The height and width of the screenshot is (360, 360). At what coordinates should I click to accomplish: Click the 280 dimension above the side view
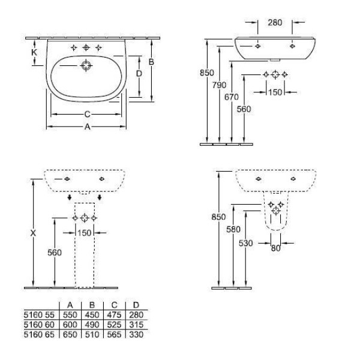coord(275,23)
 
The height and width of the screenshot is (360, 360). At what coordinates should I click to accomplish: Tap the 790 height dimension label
coord(219,85)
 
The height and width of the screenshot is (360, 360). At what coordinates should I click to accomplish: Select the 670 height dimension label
coord(232,97)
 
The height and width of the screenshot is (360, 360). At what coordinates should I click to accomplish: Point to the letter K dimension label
coord(34,52)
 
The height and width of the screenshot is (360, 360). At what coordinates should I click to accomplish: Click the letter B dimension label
coord(151,62)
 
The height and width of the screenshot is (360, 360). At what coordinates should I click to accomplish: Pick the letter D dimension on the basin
coord(139,74)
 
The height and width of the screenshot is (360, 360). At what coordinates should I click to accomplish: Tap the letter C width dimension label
coord(87,114)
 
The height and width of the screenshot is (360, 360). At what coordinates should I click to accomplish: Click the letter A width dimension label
coord(87,127)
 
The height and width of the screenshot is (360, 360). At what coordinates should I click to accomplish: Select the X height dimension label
coord(33,233)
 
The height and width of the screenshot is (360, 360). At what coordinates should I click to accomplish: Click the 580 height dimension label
coord(233,229)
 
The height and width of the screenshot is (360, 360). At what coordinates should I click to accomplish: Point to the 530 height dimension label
coord(245,243)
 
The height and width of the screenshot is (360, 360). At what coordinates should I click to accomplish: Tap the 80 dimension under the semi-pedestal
coord(276,248)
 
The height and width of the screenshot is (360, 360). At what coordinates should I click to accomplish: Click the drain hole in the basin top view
coord(86,65)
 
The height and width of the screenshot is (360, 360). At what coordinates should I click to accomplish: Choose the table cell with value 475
coord(114,315)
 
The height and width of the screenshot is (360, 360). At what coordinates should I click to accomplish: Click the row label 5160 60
coord(39,325)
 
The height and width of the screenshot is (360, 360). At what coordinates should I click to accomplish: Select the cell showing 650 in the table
coord(70,335)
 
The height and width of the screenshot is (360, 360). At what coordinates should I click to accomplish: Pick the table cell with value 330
coord(136,335)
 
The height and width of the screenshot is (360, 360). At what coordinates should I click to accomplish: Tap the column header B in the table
coord(92,305)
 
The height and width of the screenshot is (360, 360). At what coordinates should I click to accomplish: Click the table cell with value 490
coord(92,325)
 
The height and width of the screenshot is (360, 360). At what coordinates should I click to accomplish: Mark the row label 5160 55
coord(39,315)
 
